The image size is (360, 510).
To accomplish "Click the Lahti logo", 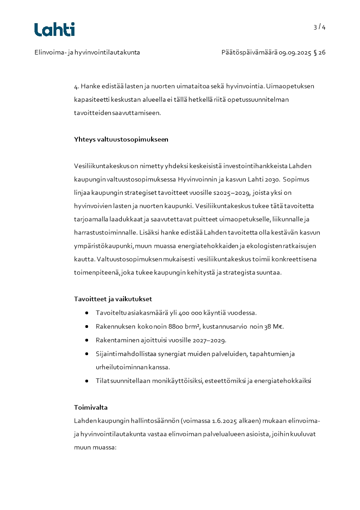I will (54, 30).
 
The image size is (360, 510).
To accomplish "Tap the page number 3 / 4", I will (319, 27).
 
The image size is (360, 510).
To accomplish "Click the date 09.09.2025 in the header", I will (295, 53).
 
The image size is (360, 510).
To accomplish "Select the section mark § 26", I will (320, 53).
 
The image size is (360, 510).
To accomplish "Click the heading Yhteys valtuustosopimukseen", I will (121, 139).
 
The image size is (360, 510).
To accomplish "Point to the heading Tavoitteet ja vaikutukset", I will (113, 299).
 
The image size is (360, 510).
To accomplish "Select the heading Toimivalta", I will (90, 408).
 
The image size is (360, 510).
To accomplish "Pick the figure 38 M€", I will (274, 327).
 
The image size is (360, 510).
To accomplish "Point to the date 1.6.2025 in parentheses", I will (227, 421).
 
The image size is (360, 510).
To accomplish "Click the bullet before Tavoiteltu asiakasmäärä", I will (86, 313).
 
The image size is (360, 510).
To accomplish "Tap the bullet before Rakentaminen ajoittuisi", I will (86, 341).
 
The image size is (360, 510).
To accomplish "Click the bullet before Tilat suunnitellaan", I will (86, 381).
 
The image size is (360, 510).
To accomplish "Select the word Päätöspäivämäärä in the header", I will (249, 53).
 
